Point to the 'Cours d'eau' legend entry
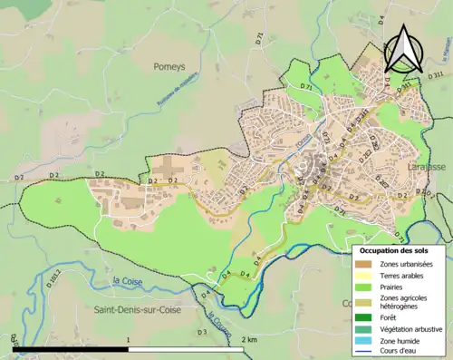(403, 351)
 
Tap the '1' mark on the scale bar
(129, 339)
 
